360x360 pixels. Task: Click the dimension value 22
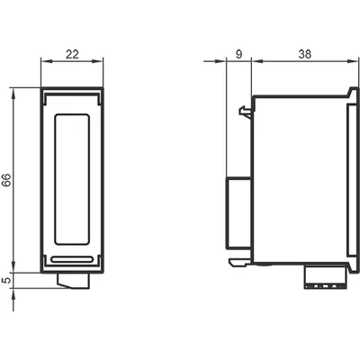point(72,54)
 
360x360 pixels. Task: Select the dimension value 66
point(6,180)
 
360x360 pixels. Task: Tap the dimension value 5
point(6,281)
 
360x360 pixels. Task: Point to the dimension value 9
point(238,54)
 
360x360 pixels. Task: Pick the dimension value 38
point(305,54)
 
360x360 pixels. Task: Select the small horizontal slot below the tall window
point(72,260)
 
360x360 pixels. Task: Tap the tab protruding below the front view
point(73,281)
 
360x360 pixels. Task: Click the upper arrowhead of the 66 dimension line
point(13,93)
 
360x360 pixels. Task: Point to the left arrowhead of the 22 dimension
point(47,61)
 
